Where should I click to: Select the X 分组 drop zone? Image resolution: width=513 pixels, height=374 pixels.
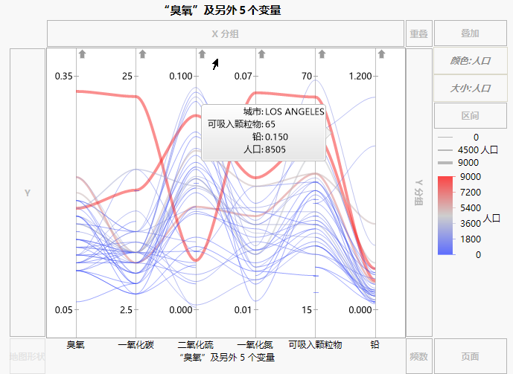click(x=226, y=33)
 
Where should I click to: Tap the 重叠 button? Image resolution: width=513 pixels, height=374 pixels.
click(x=418, y=33)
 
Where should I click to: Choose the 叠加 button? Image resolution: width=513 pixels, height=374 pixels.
click(x=470, y=33)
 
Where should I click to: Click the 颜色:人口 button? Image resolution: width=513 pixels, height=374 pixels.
click(x=470, y=61)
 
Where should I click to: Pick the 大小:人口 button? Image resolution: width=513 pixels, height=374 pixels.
click(x=470, y=88)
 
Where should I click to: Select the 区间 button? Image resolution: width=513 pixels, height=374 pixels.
click(x=470, y=116)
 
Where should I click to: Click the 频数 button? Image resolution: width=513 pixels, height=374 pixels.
click(x=418, y=356)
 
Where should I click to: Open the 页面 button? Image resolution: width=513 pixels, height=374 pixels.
click(x=470, y=356)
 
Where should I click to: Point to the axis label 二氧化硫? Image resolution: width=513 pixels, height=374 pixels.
click(x=196, y=345)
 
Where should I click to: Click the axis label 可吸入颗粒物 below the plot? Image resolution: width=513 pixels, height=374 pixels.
click(x=315, y=345)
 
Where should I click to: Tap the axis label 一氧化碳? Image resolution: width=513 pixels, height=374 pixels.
click(x=136, y=345)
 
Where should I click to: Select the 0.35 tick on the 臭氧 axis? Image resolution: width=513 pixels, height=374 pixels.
click(x=64, y=77)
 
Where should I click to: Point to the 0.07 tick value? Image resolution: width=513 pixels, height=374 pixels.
click(x=243, y=77)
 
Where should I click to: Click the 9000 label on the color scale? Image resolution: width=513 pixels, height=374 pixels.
click(x=471, y=177)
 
